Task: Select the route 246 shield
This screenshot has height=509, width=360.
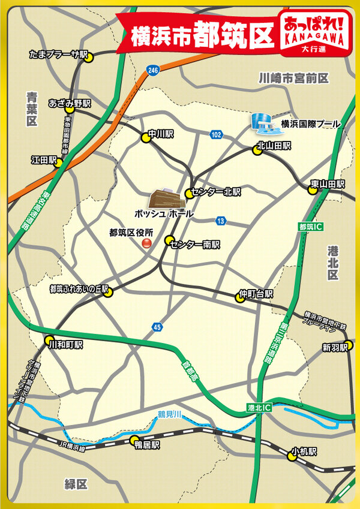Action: point(154,70)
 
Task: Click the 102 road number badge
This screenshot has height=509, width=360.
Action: point(216,135)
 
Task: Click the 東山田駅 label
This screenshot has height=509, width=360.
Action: point(332,183)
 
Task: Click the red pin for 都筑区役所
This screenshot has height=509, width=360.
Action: point(146,243)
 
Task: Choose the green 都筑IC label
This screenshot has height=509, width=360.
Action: point(310,227)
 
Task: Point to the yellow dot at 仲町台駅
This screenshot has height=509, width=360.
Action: point(240,297)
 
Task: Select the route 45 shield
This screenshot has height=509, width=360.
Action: point(157,327)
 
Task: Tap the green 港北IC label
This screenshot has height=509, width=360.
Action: point(259,407)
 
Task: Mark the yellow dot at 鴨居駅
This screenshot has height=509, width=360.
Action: point(133,442)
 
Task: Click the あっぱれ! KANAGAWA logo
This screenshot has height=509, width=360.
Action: point(314,34)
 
